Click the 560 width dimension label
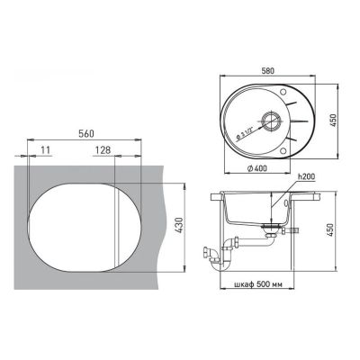tap(86, 134)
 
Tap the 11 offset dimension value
tap(46, 150)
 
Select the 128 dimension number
tap(103, 150)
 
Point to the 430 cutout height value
tap(178, 226)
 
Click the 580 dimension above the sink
tap(267, 71)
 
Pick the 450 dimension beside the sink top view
tap(335, 121)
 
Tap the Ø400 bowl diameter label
tap(257, 168)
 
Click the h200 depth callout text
tap(306, 177)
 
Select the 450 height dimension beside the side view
tap(330, 229)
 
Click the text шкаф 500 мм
tap(257, 284)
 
